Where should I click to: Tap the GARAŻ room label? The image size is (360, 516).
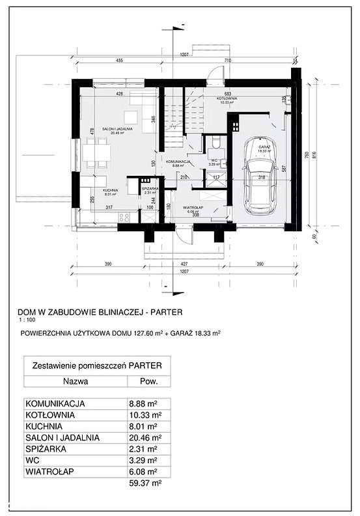click(x=264, y=148)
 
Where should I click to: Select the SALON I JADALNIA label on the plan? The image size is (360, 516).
click(x=117, y=129)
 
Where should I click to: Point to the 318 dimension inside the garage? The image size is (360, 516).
click(x=261, y=177)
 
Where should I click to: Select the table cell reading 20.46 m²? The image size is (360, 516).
click(x=145, y=439)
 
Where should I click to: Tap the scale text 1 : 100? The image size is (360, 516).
click(x=28, y=320)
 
